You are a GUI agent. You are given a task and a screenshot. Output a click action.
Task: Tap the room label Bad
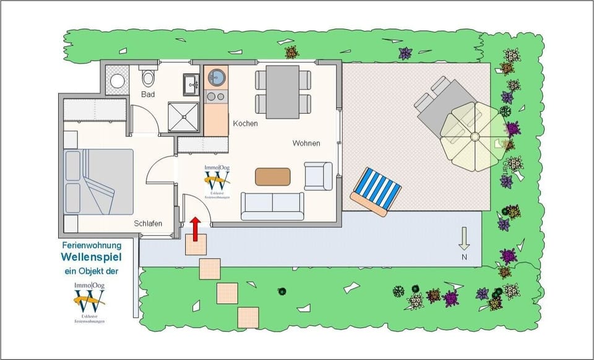pyautogui.click(x=148, y=95)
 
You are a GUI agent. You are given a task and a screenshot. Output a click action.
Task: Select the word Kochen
pyautogui.click(x=245, y=124)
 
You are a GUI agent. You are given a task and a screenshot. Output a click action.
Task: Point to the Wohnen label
pyautogui.click(x=306, y=144)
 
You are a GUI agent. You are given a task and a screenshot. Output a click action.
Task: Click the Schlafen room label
pyautogui.click(x=148, y=224)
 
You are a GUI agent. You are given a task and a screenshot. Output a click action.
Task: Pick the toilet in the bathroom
pyautogui.click(x=147, y=78)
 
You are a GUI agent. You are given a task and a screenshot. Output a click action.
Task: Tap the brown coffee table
pyautogui.click(x=273, y=176)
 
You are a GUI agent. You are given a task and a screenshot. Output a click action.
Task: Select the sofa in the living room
pyautogui.click(x=272, y=205)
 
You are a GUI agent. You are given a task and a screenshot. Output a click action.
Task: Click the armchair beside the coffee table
pyautogui.click(x=318, y=176)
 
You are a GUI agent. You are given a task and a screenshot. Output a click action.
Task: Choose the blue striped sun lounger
pyautogui.click(x=376, y=192)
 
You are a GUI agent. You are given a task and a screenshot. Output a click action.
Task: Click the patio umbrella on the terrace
pyautogui.click(x=475, y=136)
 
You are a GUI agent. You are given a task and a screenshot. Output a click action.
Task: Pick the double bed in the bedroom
pyautogui.click(x=99, y=182)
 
